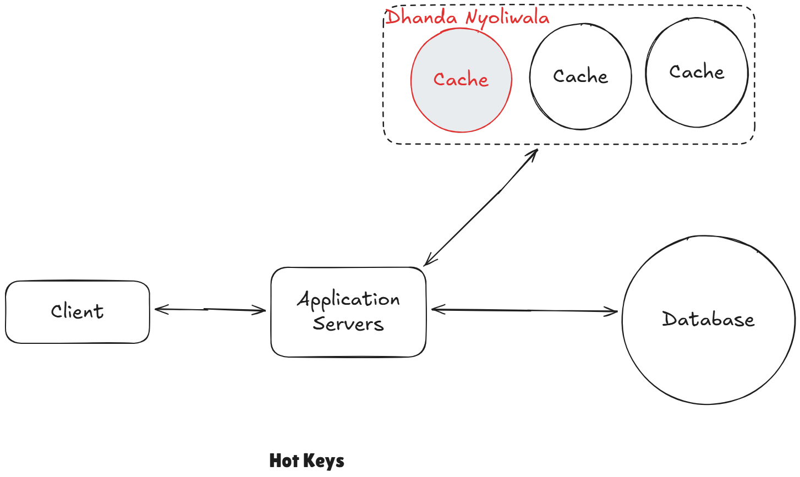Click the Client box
click(x=77, y=312)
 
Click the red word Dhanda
click(x=421, y=17)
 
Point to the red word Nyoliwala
click(x=507, y=19)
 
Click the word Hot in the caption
click(x=284, y=460)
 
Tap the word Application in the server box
click(x=349, y=300)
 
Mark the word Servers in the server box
click(x=348, y=324)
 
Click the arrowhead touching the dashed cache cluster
click(x=533, y=153)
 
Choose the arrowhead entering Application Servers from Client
click(x=262, y=310)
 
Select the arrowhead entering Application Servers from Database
click(x=436, y=310)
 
